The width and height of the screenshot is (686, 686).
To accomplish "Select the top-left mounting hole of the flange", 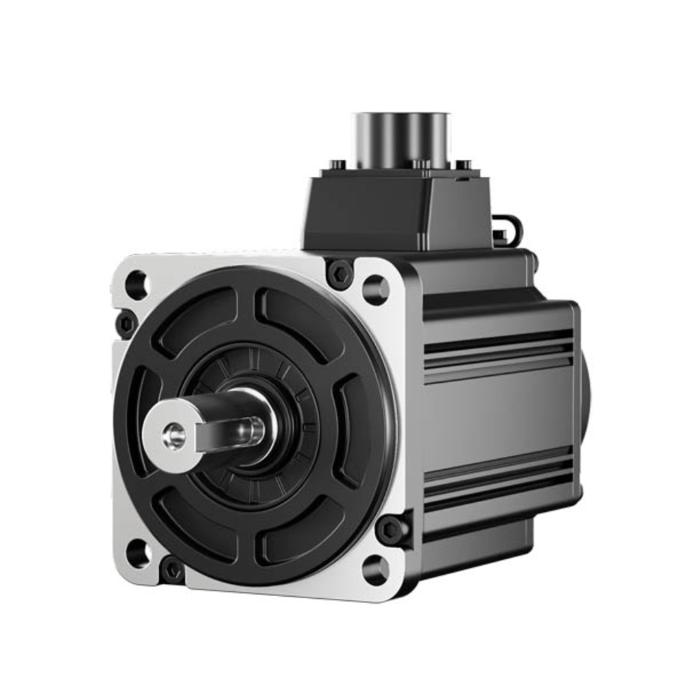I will click(136, 284).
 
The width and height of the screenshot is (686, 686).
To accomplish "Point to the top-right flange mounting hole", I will click(375, 289).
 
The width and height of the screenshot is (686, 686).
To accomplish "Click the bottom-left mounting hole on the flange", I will click(138, 552).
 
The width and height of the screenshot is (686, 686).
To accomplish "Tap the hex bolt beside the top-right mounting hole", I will click(340, 274).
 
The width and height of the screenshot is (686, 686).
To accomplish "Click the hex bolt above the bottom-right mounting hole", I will click(390, 529).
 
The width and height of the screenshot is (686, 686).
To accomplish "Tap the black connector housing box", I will click(398, 209).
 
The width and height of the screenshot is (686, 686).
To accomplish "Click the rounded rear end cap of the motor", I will click(584, 412).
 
